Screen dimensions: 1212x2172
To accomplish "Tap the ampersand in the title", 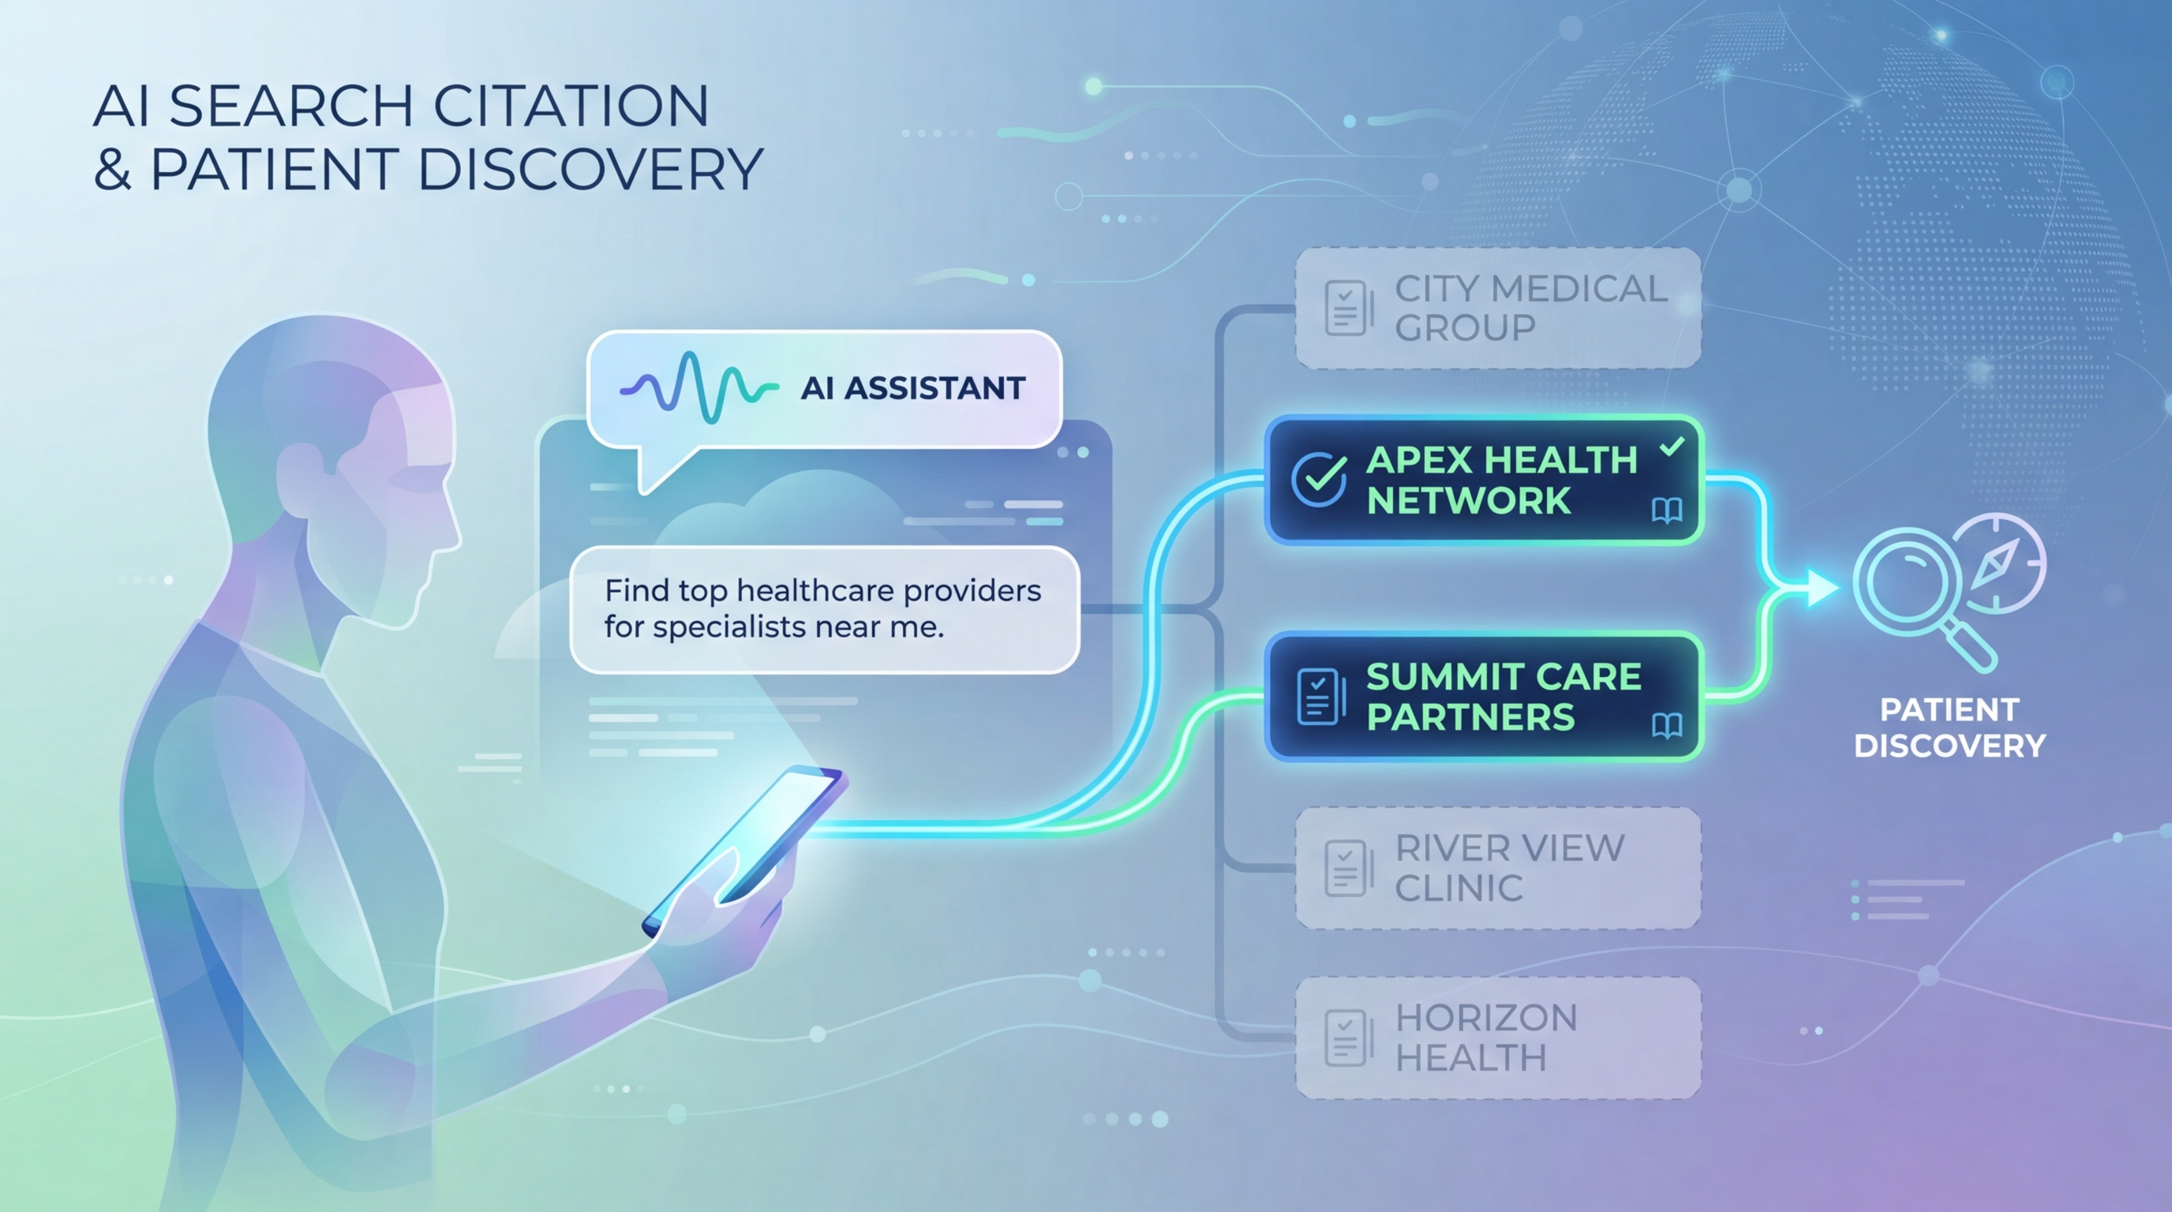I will (111, 170).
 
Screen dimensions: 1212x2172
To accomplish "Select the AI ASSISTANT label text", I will (913, 388).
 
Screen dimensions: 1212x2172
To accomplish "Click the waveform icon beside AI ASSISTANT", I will (698, 388).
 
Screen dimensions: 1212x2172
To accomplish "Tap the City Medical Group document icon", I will (1346, 308).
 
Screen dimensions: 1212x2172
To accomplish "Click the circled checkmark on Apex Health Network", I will (1318, 479).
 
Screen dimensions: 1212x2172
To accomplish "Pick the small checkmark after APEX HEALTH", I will (1671, 447).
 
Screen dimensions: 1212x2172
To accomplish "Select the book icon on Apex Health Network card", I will (1667, 511).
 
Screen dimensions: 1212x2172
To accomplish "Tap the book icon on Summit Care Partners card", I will (1667, 726).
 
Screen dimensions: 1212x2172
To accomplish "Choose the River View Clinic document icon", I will (1346, 868).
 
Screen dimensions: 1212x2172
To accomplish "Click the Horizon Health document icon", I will (1346, 1038).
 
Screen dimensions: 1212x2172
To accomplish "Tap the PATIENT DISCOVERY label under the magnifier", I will (1949, 728).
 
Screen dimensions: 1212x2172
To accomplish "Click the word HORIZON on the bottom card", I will (1485, 1017).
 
